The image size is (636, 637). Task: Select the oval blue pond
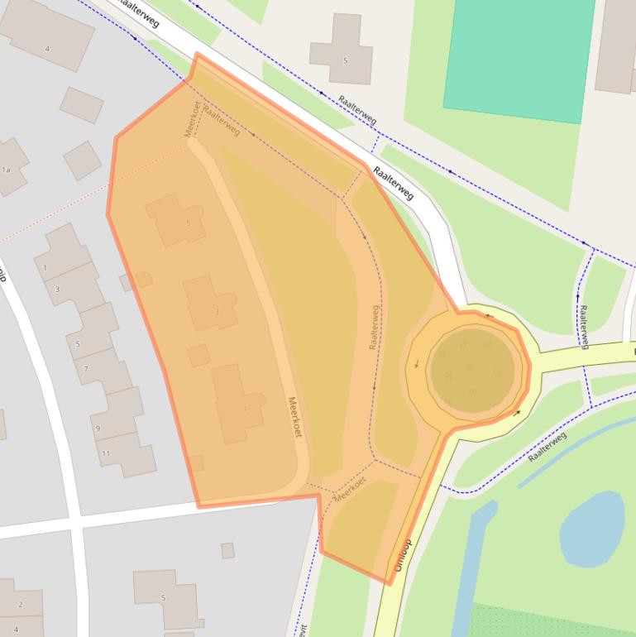click(592, 529)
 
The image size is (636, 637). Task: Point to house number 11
click(106, 454)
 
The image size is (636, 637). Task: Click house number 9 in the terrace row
click(98, 428)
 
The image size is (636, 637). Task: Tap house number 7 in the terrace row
click(86, 367)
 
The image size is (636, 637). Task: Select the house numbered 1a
click(6, 169)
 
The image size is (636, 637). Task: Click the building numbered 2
click(20, 605)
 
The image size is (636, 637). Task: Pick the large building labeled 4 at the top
click(47, 49)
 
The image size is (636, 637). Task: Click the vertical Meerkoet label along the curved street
click(294, 417)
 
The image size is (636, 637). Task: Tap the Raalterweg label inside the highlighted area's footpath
click(375, 327)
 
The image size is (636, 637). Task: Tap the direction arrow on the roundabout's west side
click(415, 364)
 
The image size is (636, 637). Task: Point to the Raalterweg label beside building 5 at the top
click(357, 109)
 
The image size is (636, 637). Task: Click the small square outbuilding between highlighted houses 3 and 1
click(198, 356)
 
